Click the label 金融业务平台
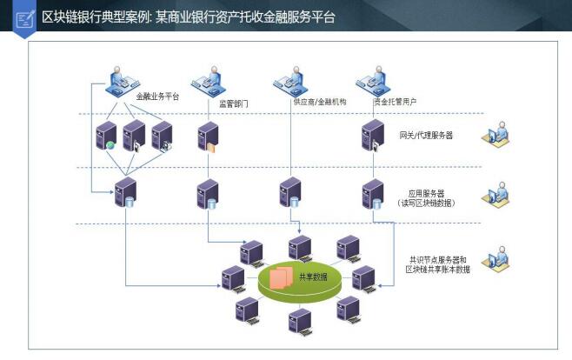(157, 97)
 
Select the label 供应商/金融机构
(320, 102)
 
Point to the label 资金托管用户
(395, 102)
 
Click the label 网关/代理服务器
(426, 136)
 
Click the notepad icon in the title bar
(25, 17)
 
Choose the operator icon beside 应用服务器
(501, 194)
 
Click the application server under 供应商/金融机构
(289, 192)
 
